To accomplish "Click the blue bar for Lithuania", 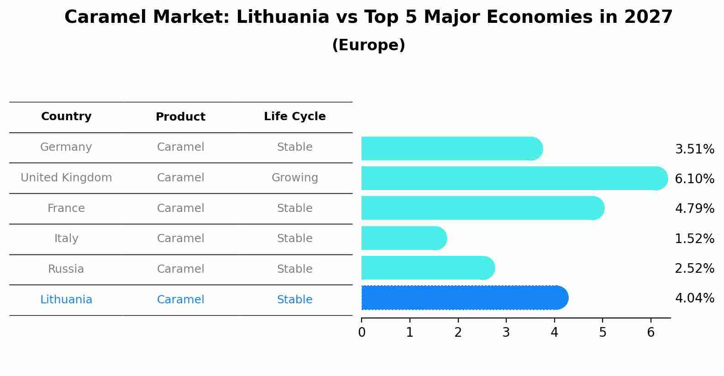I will [x=464, y=298].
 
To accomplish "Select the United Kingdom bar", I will [x=514, y=178].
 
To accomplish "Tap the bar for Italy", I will [x=404, y=238].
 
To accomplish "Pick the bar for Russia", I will [x=428, y=268].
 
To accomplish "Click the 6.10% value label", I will [x=694, y=179].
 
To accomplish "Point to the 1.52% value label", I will [x=694, y=238].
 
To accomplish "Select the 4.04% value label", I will [x=694, y=298].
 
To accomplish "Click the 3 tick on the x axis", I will [x=506, y=333].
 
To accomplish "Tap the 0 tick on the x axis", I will [x=362, y=333].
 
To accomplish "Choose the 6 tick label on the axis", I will [x=651, y=333].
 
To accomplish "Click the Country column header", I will [x=66, y=117].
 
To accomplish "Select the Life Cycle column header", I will [x=294, y=117].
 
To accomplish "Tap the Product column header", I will [x=180, y=117].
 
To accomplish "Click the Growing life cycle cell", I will [x=294, y=178].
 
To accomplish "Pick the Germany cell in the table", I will [x=66, y=147].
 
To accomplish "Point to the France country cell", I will [x=66, y=208].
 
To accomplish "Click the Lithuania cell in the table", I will [x=66, y=300].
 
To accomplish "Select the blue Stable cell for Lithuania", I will [x=294, y=300].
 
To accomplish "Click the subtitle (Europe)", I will [x=368, y=45].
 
